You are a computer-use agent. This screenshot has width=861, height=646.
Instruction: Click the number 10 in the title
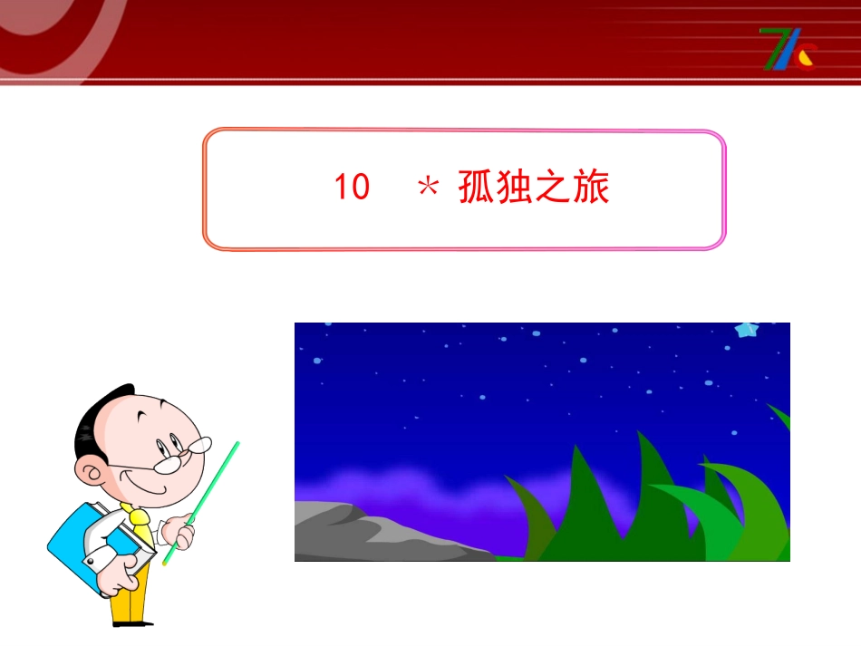(353, 188)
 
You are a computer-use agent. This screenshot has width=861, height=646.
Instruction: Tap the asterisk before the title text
(427, 188)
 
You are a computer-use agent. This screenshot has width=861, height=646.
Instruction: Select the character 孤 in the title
(477, 188)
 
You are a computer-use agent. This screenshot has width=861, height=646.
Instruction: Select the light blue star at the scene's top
(747, 330)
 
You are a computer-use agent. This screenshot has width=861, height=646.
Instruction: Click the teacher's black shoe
(133, 623)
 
